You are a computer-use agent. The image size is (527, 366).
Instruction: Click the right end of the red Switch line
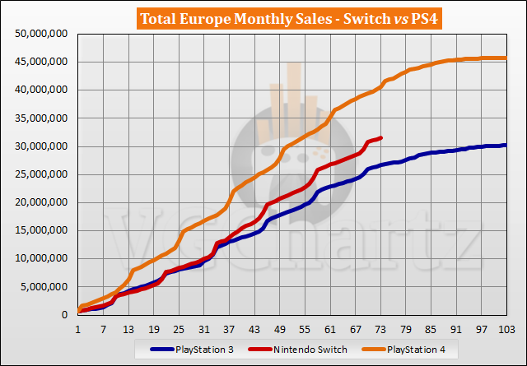[380, 137]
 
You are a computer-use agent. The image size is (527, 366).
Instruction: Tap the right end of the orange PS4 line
[506, 58]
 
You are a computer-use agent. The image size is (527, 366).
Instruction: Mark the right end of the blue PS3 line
[506, 145]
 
